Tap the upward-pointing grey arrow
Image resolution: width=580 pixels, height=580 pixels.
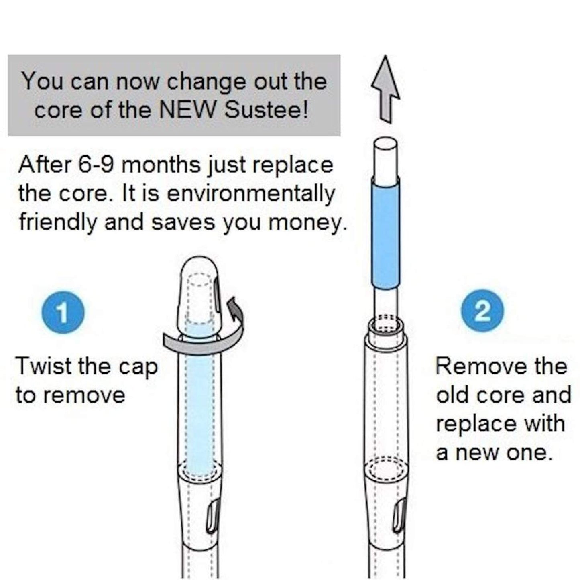coord(386,89)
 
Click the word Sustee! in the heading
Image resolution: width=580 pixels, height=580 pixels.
coord(267,110)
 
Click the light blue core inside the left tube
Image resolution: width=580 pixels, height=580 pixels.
coord(200,400)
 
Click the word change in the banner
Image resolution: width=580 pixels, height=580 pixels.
coord(207,82)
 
